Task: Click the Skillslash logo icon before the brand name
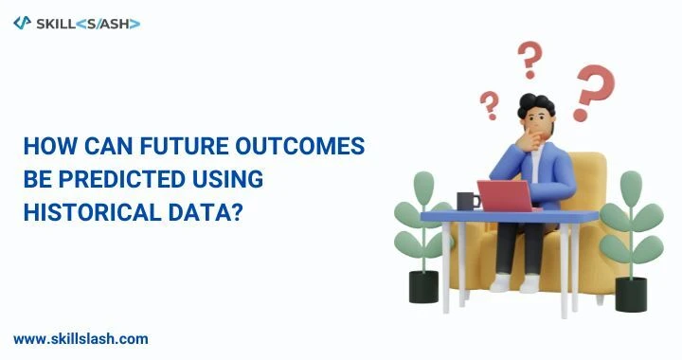pyautogui.click(x=22, y=22)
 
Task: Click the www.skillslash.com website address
pyautogui.click(x=81, y=338)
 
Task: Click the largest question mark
pyautogui.click(x=593, y=92)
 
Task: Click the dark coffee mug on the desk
pyautogui.click(x=467, y=201)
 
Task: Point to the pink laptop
pyautogui.click(x=507, y=195)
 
